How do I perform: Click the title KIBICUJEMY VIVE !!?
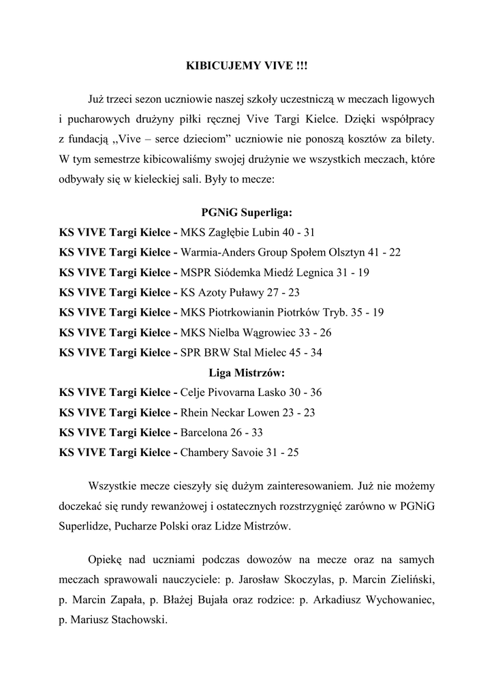tap(247, 67)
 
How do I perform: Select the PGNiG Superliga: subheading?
tap(247, 212)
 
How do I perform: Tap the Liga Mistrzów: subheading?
tap(247, 373)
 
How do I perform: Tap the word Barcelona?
tap(202, 432)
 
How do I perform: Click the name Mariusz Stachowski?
tap(119, 621)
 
